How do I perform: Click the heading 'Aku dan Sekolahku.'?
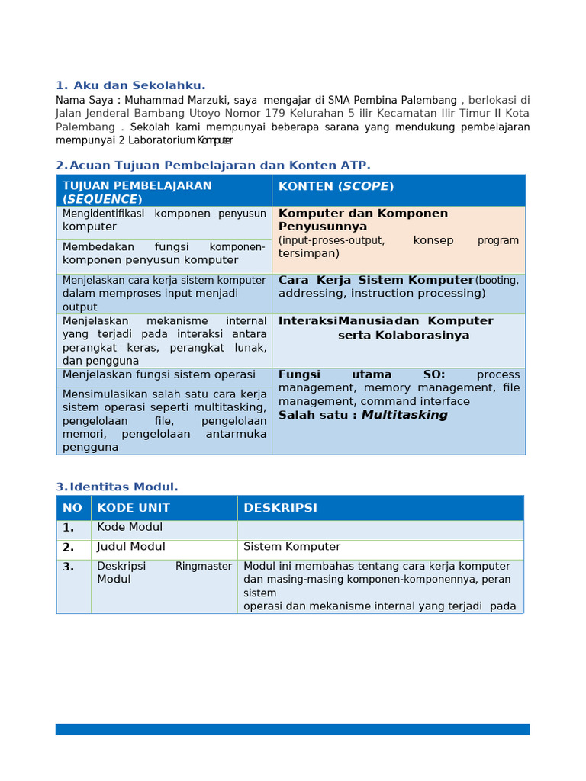[139, 85]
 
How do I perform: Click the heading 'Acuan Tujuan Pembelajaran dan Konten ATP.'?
[220, 166]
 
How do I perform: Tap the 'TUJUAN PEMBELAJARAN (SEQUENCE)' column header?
[137, 191]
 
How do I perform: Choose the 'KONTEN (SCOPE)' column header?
[336, 186]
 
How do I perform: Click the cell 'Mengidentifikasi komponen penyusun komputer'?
[164, 220]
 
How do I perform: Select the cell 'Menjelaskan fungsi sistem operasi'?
[159, 374]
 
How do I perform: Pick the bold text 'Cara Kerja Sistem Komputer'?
[375, 280]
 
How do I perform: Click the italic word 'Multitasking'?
[404, 415]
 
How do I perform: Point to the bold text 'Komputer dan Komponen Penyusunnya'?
[363, 220]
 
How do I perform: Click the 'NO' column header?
[72, 508]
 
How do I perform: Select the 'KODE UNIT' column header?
[134, 508]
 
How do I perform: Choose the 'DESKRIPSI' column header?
[280, 508]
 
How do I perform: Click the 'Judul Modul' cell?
[131, 547]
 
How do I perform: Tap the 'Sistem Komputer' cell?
[291, 547]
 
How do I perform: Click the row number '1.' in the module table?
[69, 528]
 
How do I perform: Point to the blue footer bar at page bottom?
[292, 729]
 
